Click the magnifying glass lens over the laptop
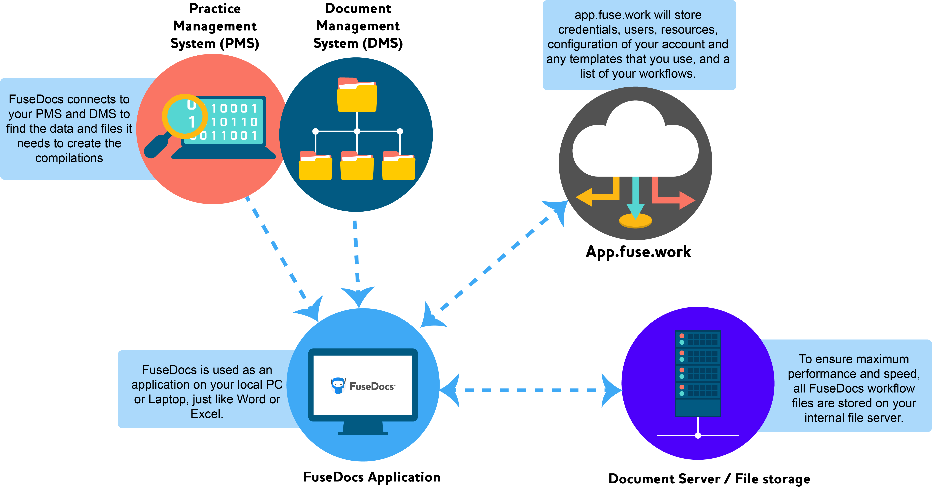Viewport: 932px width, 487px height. pos(185,117)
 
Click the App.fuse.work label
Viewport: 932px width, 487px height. pos(638,252)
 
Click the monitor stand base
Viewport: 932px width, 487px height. pos(363,432)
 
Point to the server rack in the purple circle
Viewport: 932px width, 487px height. pos(698,373)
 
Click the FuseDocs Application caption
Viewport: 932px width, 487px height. pos(372,477)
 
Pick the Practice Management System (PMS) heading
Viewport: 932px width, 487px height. pos(215,26)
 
